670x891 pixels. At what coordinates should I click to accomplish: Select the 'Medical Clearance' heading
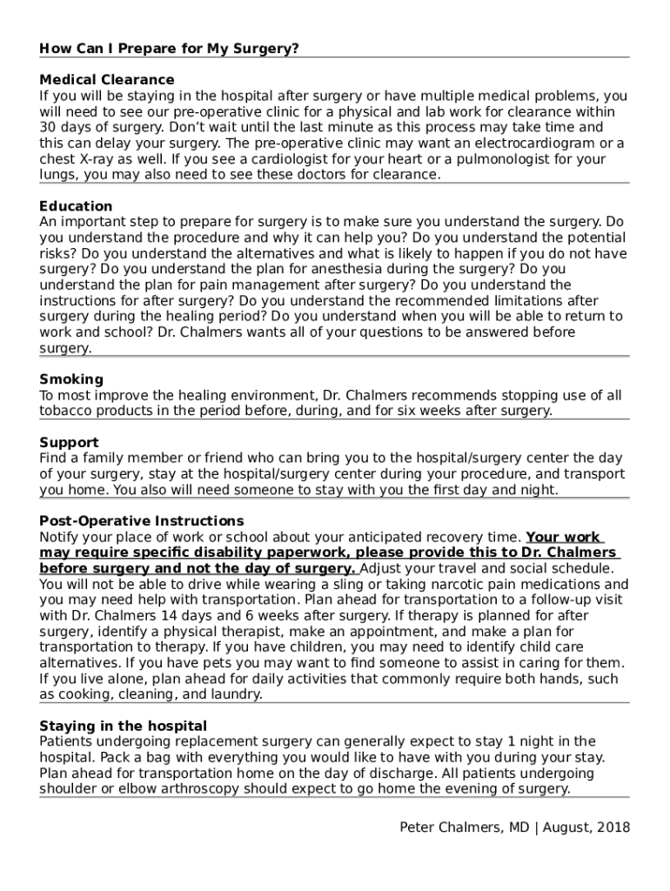click(107, 80)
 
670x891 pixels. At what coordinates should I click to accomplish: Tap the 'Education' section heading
click(76, 206)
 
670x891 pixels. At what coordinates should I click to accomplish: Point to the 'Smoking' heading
click(71, 379)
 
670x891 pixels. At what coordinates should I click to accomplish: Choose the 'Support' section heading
click(69, 443)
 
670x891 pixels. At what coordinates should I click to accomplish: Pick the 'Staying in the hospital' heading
click(124, 726)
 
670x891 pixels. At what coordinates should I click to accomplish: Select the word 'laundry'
click(232, 694)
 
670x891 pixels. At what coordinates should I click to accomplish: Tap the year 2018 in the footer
click(613, 827)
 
